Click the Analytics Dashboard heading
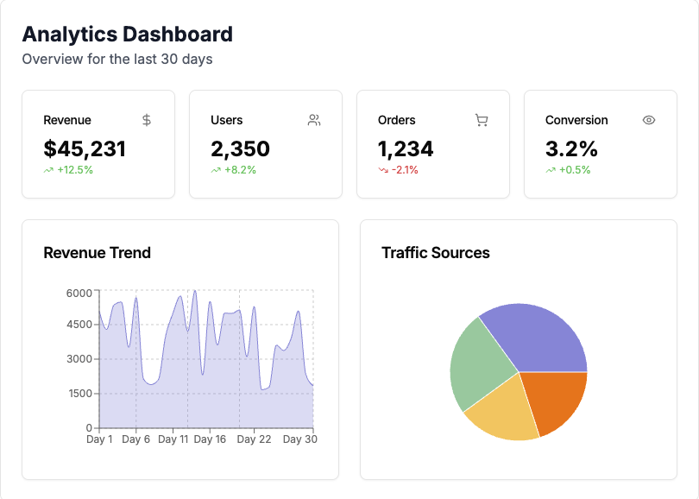point(127,35)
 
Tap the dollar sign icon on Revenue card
point(147,120)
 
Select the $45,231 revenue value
point(85,148)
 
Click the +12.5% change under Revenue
point(74,170)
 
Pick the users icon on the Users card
point(314,120)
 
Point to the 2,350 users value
point(240,148)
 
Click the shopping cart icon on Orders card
point(482,120)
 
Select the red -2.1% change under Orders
point(404,170)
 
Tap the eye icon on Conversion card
point(649,120)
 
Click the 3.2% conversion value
point(571,148)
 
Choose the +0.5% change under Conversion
point(574,170)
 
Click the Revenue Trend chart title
point(97,253)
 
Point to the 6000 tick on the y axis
point(79,293)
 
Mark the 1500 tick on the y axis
point(79,394)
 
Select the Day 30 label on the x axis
point(299,439)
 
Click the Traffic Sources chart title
point(435,253)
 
